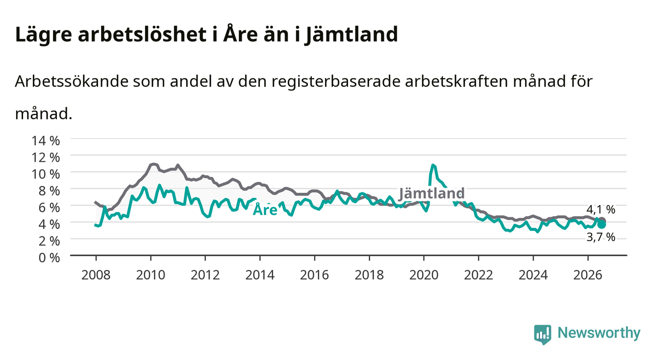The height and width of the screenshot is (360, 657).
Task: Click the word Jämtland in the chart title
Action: [351, 35]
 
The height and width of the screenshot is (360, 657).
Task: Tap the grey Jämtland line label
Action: [431, 194]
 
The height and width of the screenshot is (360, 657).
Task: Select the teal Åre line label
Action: [265, 209]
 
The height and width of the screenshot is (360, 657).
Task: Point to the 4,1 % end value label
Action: [601, 209]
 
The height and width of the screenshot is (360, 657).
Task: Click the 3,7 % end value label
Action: [601, 237]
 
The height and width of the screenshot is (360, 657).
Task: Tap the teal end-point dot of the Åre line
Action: [602, 225]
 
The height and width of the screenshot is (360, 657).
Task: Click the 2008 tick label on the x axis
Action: [96, 275]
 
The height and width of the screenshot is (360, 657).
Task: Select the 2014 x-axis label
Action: [260, 275]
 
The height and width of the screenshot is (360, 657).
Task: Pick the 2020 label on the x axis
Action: [424, 275]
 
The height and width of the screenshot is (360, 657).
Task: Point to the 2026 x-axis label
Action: [588, 275]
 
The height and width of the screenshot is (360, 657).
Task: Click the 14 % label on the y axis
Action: [46, 141]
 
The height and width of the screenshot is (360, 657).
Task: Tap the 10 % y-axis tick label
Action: [46, 174]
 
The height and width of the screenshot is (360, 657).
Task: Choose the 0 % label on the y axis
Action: [49, 258]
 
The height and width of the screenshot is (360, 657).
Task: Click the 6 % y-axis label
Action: [49, 208]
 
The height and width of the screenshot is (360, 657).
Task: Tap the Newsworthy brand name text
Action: [599, 333]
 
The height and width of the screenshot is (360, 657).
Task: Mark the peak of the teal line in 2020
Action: [432, 165]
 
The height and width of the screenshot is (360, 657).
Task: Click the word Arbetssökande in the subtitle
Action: [72, 81]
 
